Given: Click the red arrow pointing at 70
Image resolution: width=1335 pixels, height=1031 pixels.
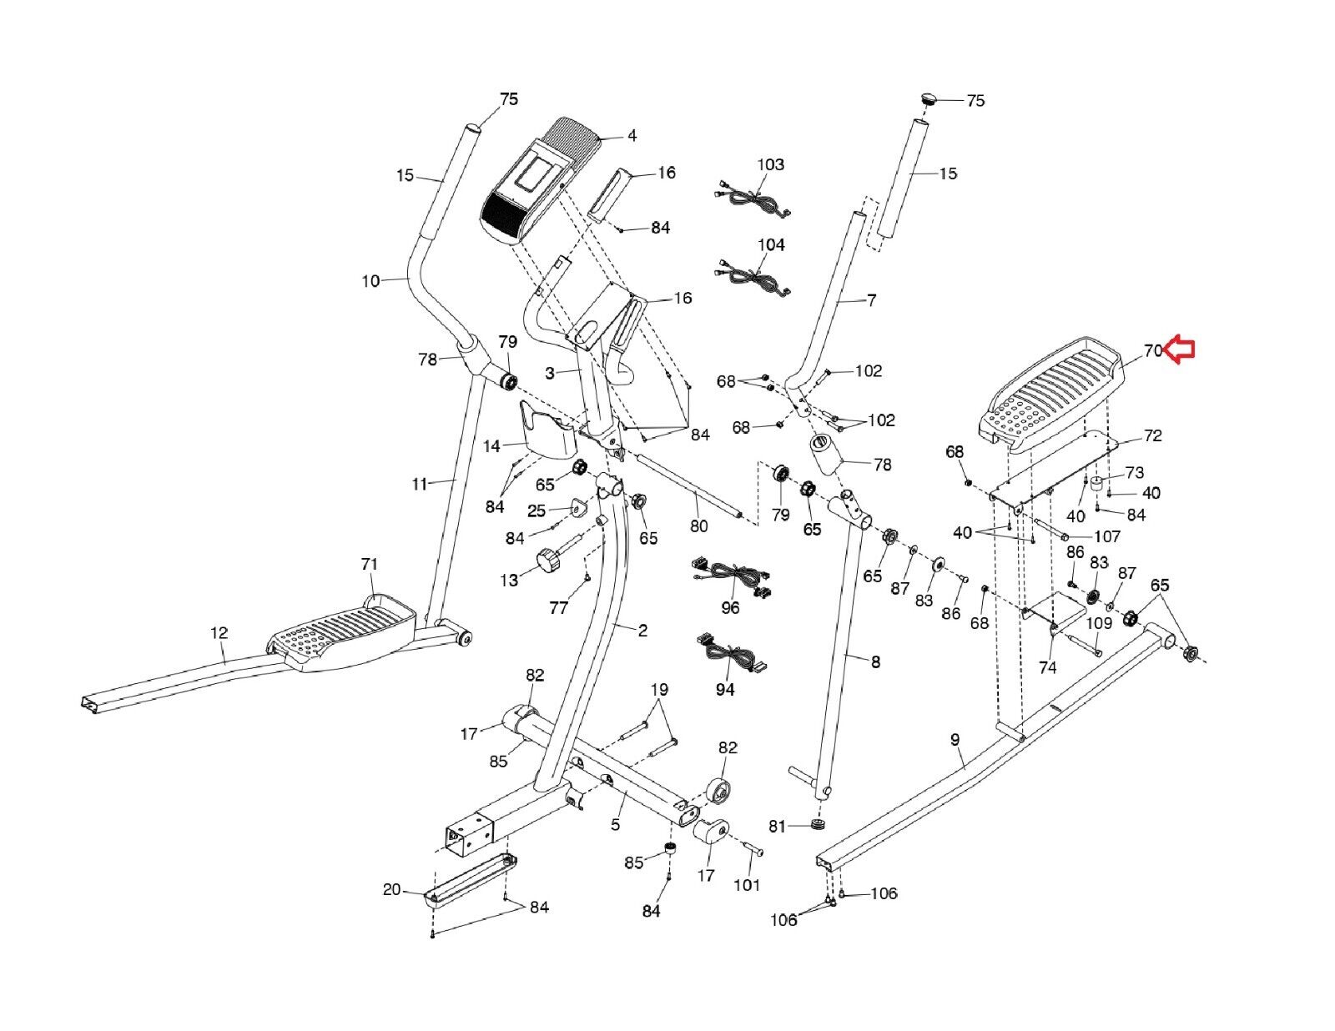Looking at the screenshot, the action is [1180, 350].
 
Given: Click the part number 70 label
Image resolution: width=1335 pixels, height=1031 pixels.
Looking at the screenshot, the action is [1152, 350].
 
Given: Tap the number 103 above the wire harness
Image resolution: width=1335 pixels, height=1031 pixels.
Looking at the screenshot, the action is [770, 164].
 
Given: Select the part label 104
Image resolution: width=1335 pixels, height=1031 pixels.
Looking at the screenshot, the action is [771, 245].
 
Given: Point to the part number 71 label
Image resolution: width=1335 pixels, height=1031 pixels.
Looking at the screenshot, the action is [370, 564].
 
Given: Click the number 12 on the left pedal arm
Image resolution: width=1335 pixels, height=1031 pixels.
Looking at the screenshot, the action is [219, 632].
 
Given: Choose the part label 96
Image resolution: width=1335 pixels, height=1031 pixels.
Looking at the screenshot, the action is [730, 608].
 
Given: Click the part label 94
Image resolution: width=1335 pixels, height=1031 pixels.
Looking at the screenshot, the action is [726, 690].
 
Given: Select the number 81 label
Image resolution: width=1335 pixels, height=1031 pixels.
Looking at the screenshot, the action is [778, 827].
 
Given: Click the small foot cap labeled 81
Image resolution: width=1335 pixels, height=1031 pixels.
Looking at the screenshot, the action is [817, 824].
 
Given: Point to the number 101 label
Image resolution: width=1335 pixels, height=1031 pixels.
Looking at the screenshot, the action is [747, 885].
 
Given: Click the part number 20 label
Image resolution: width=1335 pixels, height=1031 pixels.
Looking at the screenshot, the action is [392, 889].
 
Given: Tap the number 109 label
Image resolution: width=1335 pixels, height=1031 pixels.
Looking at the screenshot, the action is [1099, 623].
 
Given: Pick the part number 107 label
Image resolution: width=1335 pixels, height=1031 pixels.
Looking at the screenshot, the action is [1108, 536].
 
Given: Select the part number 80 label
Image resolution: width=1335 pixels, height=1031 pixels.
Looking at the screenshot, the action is [699, 526].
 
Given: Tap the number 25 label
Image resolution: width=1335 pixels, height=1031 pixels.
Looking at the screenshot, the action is [537, 510].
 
